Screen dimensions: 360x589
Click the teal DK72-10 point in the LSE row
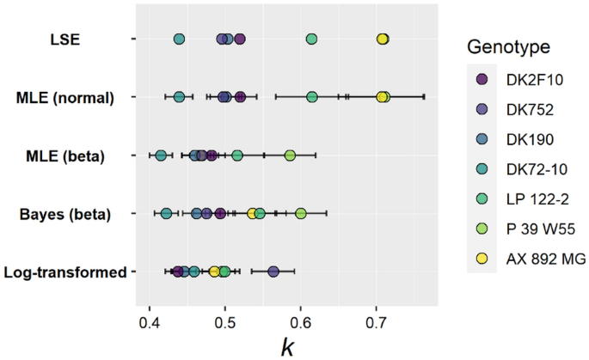(179, 39)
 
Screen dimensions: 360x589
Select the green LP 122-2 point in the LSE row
(311, 39)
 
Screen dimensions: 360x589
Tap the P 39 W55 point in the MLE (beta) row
(290, 156)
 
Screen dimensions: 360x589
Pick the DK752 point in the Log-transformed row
(273, 272)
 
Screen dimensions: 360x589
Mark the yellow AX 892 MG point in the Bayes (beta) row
(253, 213)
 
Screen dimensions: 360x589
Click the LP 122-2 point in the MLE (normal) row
(311, 97)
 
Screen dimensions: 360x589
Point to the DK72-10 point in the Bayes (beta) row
(166, 213)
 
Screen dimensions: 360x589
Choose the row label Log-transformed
(65, 272)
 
